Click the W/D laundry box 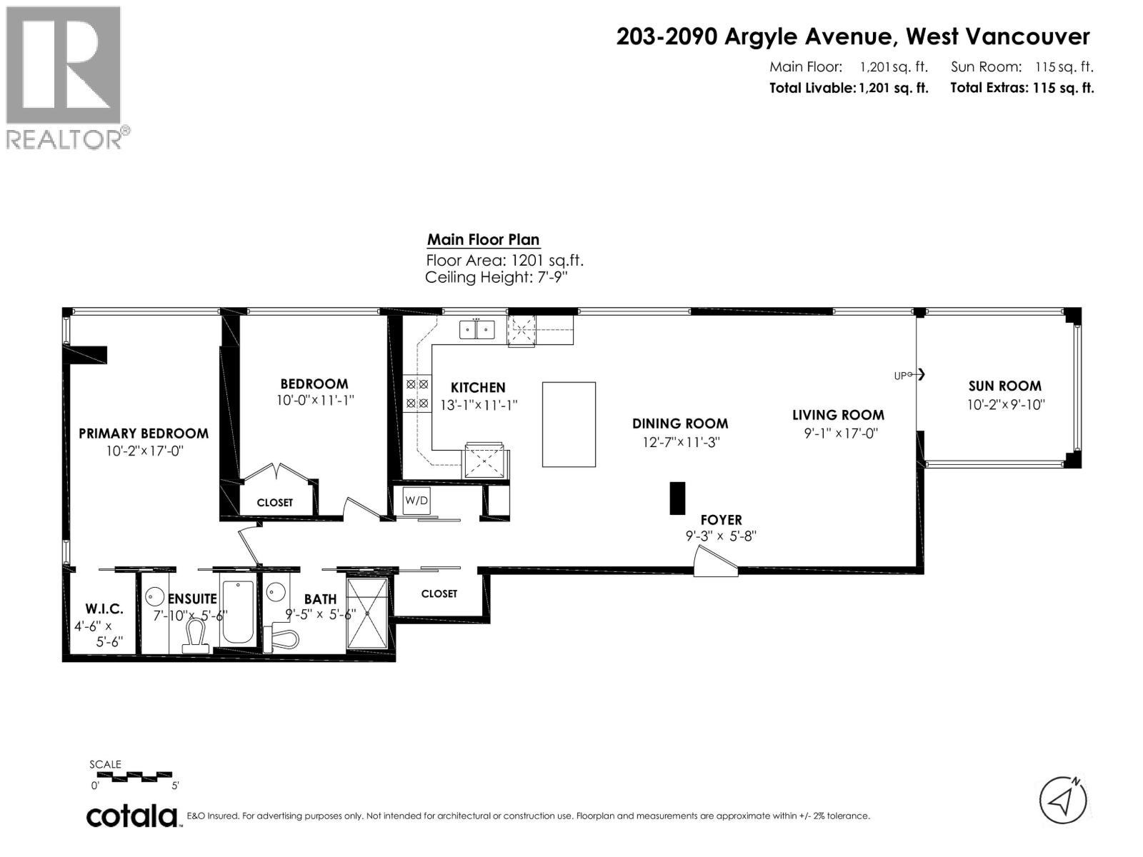pyautogui.click(x=416, y=501)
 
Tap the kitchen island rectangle pyautogui.click(x=569, y=424)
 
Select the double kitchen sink pyautogui.click(x=476, y=330)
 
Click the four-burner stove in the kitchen pyautogui.click(x=417, y=394)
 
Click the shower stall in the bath pyautogui.click(x=367, y=613)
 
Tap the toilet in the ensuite pyautogui.click(x=195, y=636)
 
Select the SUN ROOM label pyautogui.click(x=1004, y=386)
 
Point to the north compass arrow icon pyautogui.click(x=1063, y=799)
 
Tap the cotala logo pyautogui.click(x=132, y=816)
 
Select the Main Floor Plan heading pyautogui.click(x=483, y=240)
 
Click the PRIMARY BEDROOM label pyautogui.click(x=144, y=433)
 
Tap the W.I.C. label pyautogui.click(x=104, y=608)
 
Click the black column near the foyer pyautogui.click(x=677, y=498)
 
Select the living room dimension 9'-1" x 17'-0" pyautogui.click(x=837, y=433)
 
